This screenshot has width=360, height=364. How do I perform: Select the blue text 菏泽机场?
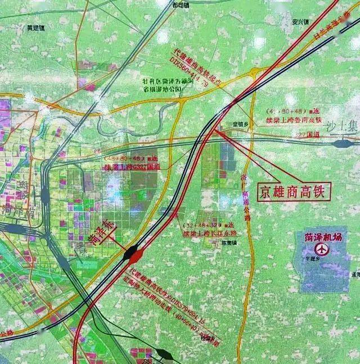click(323, 237)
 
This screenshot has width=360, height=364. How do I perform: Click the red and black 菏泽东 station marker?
click(133, 255)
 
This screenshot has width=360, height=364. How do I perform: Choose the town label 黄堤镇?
click(35, 26)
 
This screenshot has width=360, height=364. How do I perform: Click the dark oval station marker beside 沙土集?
click(340, 144)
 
